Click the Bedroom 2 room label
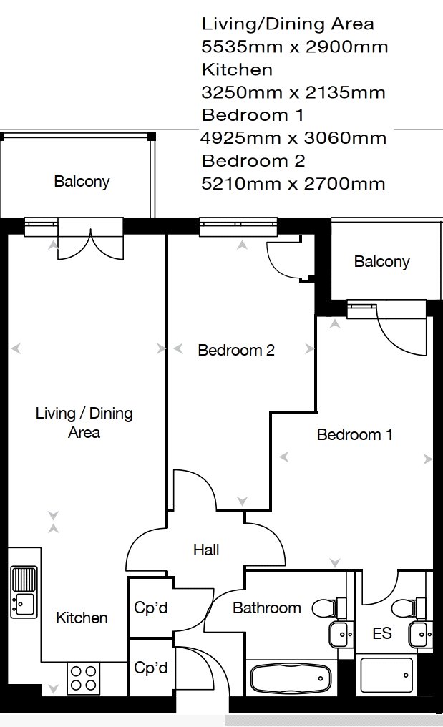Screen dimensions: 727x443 [236, 351]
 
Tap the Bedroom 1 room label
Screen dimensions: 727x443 [354, 434]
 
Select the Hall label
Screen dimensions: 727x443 [206, 550]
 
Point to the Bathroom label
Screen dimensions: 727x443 [267, 608]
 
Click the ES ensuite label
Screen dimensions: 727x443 [381, 634]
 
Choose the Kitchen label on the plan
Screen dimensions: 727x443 [82, 618]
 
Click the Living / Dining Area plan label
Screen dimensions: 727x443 [84, 423]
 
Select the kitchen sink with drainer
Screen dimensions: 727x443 [24, 591]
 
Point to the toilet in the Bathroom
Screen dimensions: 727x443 [328, 608]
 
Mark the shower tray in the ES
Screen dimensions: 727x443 [386, 676]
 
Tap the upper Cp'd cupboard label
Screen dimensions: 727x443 [151, 608]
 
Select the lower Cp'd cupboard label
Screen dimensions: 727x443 [151, 668]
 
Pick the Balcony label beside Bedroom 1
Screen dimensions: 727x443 [381, 262]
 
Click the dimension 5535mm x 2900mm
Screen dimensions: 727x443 [294, 47]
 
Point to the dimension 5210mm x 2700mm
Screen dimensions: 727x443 [293, 184]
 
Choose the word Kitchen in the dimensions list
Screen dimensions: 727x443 [237, 69]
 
